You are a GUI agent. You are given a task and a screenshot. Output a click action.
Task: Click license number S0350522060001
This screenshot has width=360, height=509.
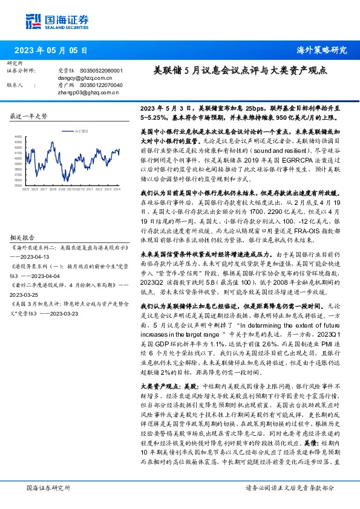tap(101, 70)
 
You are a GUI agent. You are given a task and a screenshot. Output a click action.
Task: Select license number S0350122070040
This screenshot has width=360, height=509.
tap(101, 85)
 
